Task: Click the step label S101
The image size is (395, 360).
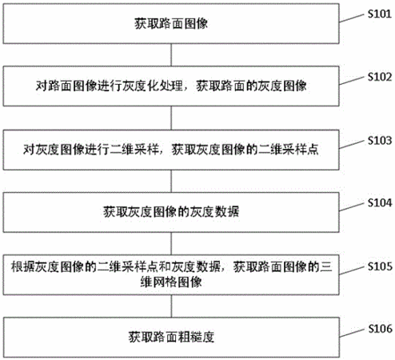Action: point(380,14)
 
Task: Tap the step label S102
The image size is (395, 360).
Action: point(380,77)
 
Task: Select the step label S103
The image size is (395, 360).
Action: point(380,140)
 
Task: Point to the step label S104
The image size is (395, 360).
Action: point(380,203)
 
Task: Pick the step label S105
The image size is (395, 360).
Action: point(380,266)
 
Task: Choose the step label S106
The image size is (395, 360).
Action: point(380,329)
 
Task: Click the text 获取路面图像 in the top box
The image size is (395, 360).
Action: point(171,24)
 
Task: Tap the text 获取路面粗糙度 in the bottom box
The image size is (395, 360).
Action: point(171,337)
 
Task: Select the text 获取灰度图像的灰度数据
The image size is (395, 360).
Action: point(171,212)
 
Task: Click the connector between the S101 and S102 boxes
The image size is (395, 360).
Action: point(171,55)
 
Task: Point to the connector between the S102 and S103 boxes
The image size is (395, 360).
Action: point(171,118)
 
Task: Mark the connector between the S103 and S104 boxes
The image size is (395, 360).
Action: point(171,181)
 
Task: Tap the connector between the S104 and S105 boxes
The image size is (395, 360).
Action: point(171,244)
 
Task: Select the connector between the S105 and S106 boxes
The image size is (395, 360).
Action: point(171,306)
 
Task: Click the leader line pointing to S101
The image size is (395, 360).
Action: point(351,18)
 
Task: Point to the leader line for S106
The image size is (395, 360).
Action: point(351,333)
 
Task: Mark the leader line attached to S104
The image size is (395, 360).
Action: point(351,207)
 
